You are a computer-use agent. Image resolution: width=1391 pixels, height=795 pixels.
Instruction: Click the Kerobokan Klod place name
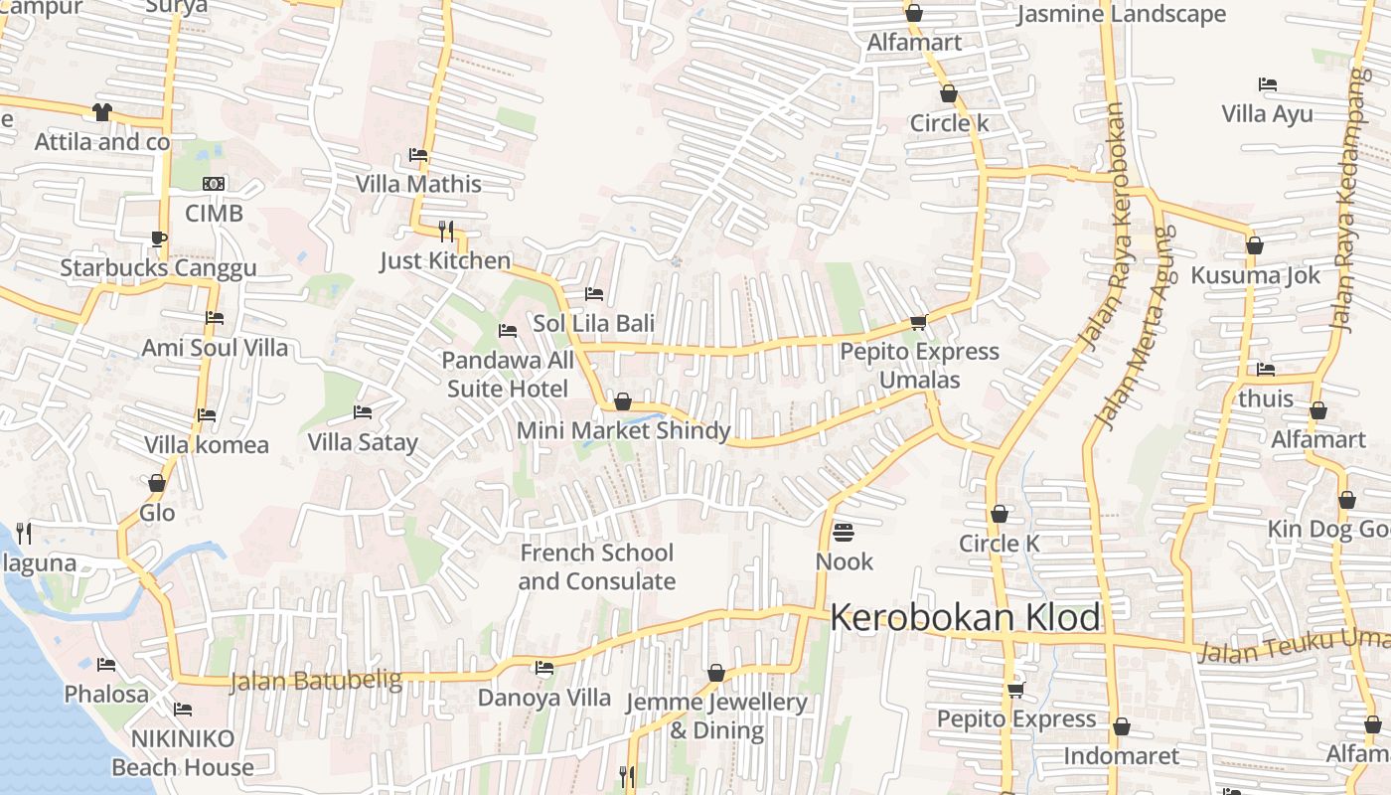point(965,618)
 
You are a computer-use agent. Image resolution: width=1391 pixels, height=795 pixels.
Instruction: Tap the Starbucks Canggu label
point(158,268)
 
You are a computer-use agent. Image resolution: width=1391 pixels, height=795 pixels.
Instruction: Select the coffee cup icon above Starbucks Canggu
point(159,238)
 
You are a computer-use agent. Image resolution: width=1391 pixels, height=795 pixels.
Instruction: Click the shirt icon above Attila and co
point(102,112)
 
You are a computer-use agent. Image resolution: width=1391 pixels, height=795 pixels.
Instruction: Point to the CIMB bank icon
point(214,184)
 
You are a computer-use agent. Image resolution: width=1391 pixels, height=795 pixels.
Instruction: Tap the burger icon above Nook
point(844,533)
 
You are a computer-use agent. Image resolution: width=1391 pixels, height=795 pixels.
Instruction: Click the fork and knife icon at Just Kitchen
point(446,231)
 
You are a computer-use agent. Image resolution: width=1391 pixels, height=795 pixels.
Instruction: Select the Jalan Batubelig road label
point(316,682)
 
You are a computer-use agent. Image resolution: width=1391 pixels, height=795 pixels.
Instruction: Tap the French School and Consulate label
point(597,567)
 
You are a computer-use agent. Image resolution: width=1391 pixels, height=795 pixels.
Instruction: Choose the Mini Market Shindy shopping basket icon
point(623,401)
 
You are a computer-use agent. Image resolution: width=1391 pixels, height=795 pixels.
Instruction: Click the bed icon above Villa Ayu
point(1267,84)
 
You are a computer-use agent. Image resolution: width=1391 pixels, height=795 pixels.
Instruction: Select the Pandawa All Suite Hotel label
point(508,374)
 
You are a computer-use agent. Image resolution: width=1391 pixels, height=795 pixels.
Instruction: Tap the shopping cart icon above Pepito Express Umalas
point(918,322)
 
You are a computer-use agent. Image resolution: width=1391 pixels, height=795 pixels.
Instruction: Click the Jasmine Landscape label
point(1122,14)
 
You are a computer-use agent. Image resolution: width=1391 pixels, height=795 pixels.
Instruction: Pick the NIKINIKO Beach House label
point(183,753)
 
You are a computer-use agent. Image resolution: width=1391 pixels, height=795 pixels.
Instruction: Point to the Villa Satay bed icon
point(363,412)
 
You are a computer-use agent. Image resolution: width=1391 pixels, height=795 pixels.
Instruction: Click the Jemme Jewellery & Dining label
point(716,716)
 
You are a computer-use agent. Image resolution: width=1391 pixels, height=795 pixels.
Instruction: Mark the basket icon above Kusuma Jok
point(1255,245)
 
